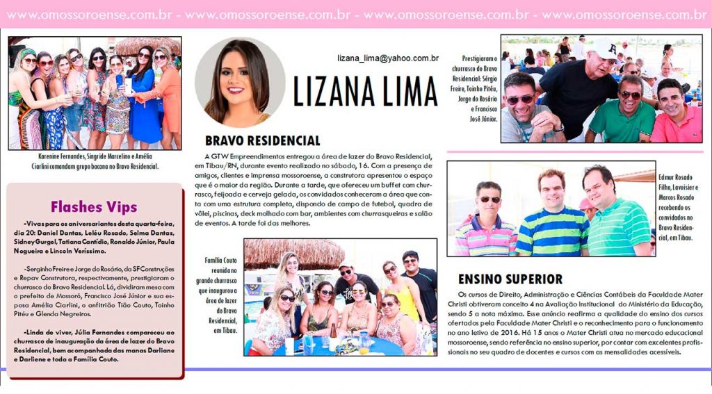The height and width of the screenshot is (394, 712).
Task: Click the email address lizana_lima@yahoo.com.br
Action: pos(388,58)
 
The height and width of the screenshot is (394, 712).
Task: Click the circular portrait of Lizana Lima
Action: pos(239,81)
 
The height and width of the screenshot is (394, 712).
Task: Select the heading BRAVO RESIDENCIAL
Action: pos(262,140)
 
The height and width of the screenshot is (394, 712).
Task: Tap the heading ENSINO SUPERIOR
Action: pos(510,279)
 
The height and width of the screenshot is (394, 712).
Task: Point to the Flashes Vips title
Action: pos(94,207)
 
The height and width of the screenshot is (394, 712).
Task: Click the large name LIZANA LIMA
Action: pos(364,90)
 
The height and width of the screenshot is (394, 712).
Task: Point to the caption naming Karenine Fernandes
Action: pos(94,161)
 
